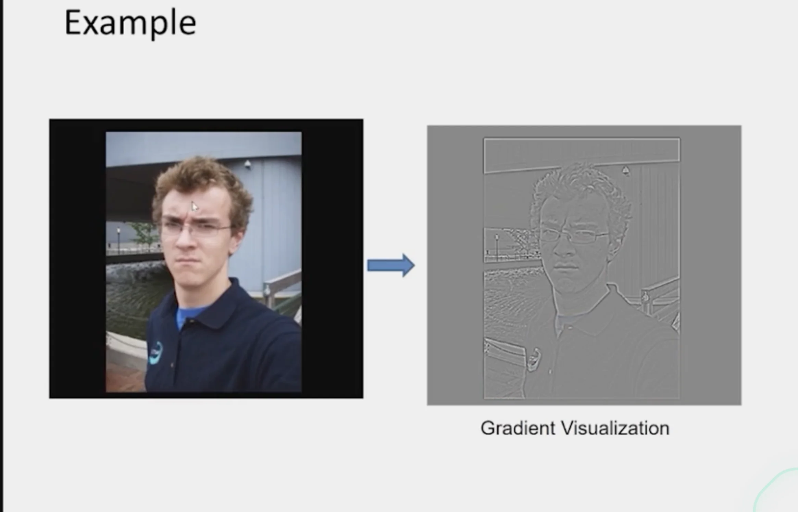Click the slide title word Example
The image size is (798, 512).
coord(130,23)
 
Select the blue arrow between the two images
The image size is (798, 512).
coord(391,265)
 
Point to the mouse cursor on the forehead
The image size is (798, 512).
coord(195,206)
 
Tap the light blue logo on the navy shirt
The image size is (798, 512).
coord(156,353)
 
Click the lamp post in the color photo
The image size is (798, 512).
coord(119,240)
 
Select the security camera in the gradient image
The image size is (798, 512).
coord(626,170)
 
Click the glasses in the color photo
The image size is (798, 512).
coord(195,228)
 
